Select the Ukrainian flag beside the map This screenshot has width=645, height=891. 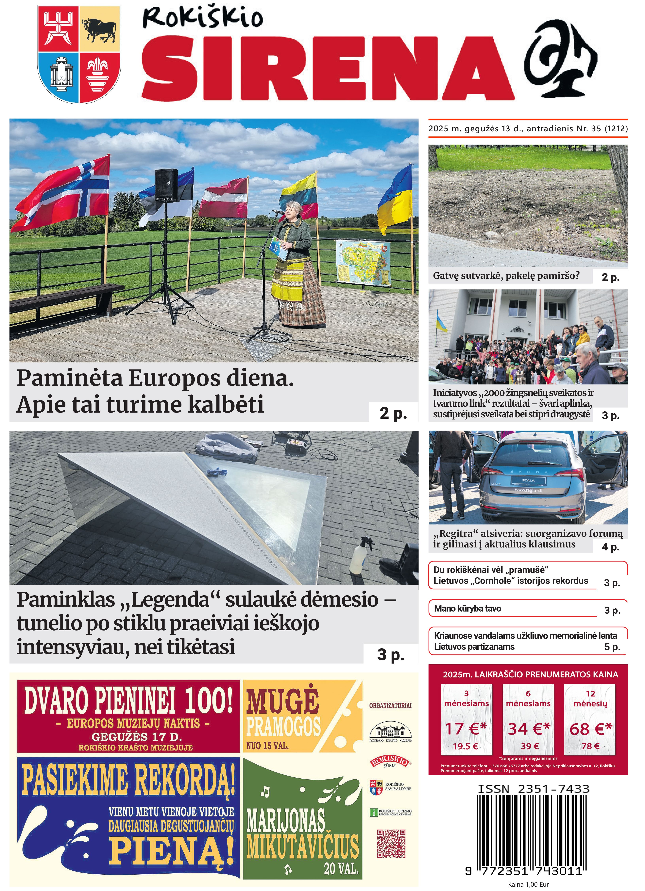[x=396, y=200]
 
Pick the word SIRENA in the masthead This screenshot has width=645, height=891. [x=328, y=69]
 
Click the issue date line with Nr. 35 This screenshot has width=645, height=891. [x=528, y=129]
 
